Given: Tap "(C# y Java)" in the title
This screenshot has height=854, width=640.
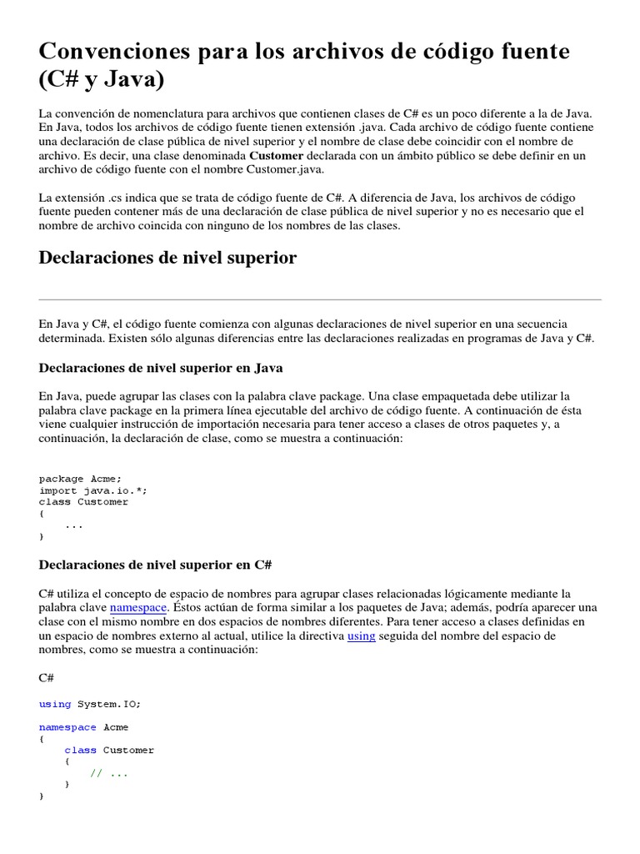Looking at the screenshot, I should coord(102,81).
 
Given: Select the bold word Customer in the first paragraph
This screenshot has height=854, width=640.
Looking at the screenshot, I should coord(277,155).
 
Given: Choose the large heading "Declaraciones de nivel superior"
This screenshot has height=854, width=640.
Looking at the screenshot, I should coord(167,258).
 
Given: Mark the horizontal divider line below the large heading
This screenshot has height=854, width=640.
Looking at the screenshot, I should coord(320,299).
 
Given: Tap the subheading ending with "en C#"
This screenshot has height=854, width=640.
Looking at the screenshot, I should coord(156,565).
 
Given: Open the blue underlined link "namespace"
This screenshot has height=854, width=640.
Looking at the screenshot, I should coord(139,607).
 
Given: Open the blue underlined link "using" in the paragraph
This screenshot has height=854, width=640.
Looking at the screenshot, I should coord(361,635).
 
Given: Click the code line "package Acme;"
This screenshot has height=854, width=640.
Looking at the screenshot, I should coord(80,479).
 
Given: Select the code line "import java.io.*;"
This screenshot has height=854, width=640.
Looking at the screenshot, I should coord(92,490).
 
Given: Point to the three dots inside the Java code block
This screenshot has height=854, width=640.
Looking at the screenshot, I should coord(73,525).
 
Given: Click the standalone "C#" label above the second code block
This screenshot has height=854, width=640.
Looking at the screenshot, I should coord(47,678).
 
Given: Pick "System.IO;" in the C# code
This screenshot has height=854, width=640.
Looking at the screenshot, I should coord(109,704).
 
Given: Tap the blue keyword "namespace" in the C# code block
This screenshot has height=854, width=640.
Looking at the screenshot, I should coord(67,727).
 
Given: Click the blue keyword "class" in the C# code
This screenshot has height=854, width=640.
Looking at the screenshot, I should coord(80,751).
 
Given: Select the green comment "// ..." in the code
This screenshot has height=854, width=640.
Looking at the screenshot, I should coord(109,773).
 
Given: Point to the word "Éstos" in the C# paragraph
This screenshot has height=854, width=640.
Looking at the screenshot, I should coord(189,607).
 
